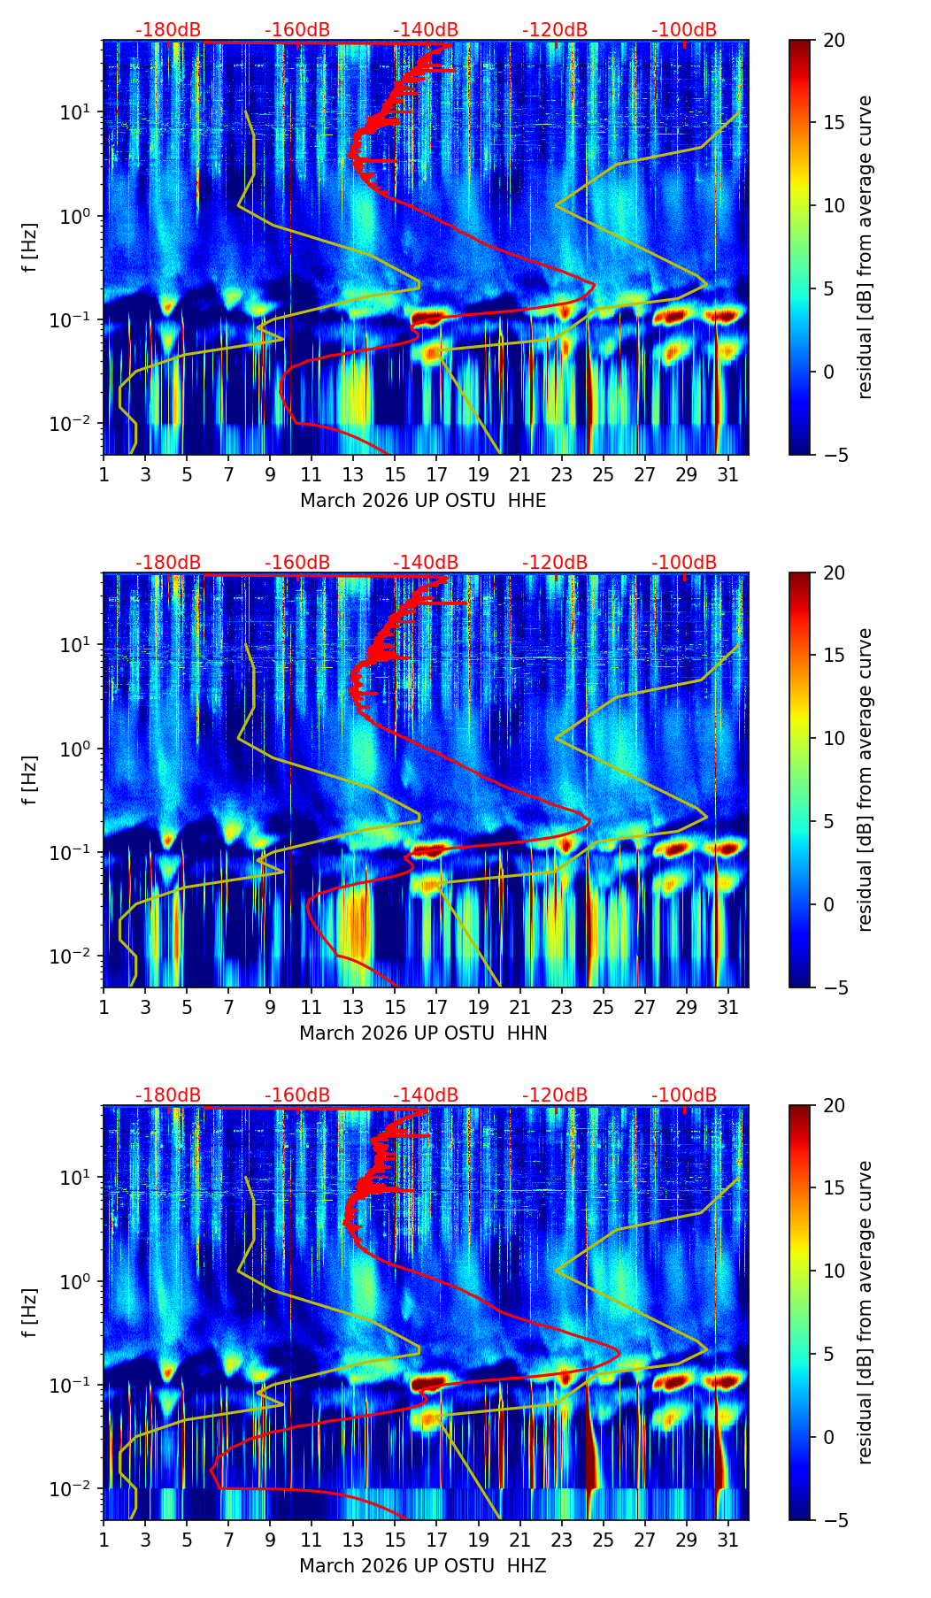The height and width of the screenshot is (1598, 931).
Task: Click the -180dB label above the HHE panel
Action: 168,30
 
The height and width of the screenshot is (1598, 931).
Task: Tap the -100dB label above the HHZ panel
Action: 684,1095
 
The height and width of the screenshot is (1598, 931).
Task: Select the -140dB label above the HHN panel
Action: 426,563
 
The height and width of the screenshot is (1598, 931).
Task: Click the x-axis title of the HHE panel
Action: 423,501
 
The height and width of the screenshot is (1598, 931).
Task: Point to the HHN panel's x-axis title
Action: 423,1033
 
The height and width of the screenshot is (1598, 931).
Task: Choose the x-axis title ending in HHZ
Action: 423,1566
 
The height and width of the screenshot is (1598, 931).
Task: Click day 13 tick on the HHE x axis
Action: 353,474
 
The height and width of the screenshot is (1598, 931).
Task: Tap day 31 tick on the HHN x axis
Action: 727,1007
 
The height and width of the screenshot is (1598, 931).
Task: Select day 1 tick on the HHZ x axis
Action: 104,1540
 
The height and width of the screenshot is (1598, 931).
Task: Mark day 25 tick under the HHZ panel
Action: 603,1540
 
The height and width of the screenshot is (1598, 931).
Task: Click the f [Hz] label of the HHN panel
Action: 30,780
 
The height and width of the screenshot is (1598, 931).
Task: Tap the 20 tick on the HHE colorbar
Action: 835,40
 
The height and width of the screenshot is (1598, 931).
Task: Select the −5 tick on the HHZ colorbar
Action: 835,1520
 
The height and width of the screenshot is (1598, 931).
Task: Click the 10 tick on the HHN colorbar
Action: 835,738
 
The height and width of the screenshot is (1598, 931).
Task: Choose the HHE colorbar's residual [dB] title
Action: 865,247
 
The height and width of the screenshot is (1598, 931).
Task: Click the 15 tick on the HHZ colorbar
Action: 835,1187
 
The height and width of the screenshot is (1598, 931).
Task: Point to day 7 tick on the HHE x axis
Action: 228,474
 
